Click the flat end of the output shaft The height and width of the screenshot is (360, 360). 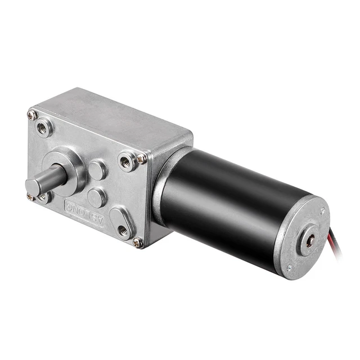click(x=33, y=187)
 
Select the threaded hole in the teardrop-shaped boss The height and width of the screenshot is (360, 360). click(x=122, y=229)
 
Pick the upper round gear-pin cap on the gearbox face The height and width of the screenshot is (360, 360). click(x=98, y=169)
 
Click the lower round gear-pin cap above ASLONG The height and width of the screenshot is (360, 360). click(x=97, y=197)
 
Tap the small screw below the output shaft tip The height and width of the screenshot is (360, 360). click(x=30, y=197)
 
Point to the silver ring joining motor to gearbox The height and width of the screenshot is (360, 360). click(x=163, y=186)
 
